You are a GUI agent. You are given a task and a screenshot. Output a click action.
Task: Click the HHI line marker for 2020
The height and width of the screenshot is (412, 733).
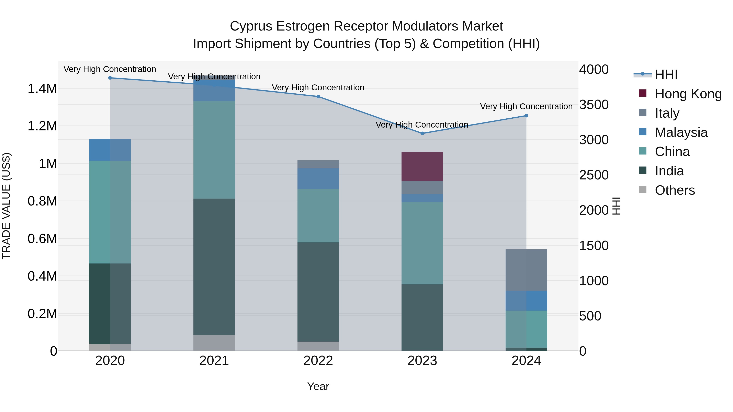(110, 78)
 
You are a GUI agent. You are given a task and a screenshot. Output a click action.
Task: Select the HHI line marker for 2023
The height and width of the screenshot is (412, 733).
(422, 133)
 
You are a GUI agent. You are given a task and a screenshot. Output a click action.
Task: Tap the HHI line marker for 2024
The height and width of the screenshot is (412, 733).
(526, 116)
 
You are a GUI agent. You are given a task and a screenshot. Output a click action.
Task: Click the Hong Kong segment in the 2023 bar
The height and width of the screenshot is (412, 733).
(422, 166)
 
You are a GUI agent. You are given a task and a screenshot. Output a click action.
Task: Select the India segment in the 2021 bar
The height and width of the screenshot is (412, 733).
(214, 267)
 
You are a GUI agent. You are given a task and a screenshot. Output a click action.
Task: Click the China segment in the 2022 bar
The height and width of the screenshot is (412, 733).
(318, 215)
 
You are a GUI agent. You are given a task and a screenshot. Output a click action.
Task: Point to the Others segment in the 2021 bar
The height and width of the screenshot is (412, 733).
(214, 343)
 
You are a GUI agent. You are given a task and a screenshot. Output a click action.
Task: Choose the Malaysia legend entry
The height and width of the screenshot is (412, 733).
(681, 132)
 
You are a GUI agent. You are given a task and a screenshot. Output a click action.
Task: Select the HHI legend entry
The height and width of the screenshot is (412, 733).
(666, 75)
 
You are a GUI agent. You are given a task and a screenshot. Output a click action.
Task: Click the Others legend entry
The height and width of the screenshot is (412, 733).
(675, 190)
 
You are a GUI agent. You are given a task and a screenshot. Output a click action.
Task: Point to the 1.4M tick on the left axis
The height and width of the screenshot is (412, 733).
(42, 89)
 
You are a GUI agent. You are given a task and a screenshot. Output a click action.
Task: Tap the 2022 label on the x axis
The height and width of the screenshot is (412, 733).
(318, 361)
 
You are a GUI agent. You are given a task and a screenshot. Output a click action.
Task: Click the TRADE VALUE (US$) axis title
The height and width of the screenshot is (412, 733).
(6, 206)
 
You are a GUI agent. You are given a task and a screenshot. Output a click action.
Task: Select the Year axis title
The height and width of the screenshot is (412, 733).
(318, 386)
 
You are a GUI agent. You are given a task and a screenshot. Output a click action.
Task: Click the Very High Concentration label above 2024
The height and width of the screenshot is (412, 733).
(526, 106)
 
